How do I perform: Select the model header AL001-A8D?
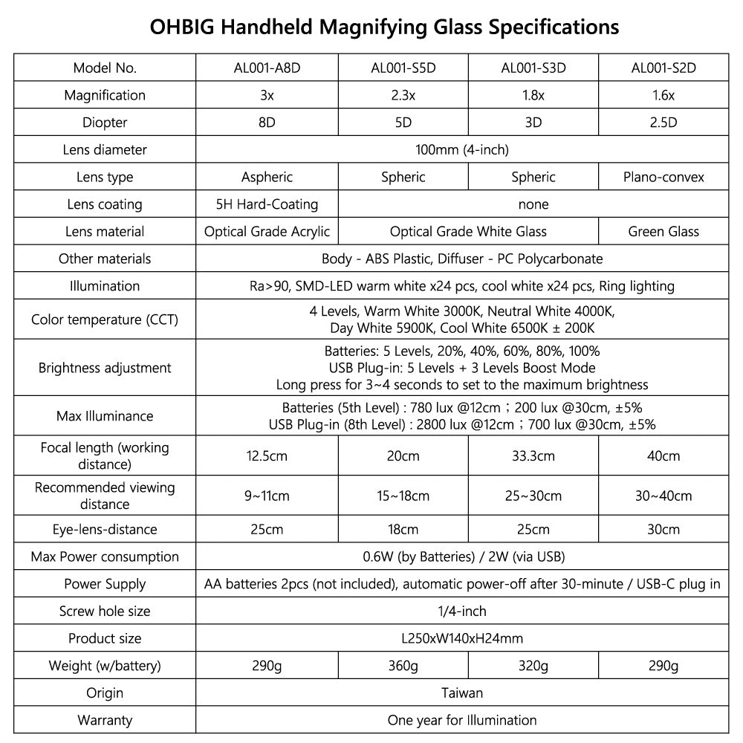(267, 68)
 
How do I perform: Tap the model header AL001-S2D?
(663, 68)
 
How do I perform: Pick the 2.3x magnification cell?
(403, 95)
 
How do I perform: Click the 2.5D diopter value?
(663, 123)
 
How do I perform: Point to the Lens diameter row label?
(105, 149)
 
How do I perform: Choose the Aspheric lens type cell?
(267, 177)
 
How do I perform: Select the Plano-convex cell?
(663, 177)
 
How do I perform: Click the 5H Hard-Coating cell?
(267, 204)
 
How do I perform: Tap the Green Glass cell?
(663, 231)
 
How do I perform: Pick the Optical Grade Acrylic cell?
(267, 231)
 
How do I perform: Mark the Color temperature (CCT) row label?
(105, 320)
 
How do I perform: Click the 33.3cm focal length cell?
(533, 455)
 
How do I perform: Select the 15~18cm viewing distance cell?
(403, 496)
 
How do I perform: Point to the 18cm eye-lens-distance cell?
(403, 530)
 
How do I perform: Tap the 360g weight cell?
(403, 666)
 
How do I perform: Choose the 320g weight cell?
(533, 666)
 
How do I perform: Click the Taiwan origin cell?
(461, 692)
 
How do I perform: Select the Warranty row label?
(105, 720)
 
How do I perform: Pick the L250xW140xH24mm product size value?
(461, 638)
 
